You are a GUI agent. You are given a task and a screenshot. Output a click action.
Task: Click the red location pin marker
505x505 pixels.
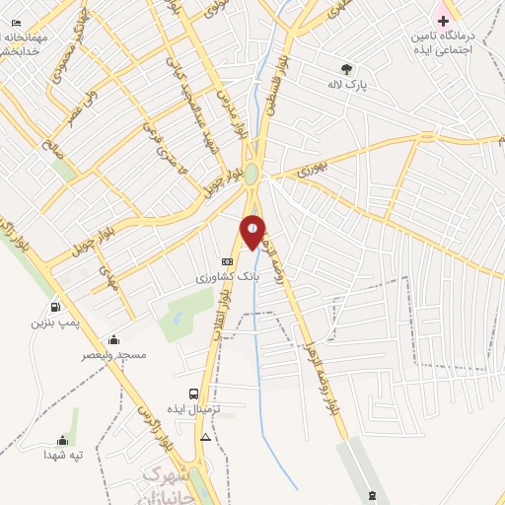point(252,231)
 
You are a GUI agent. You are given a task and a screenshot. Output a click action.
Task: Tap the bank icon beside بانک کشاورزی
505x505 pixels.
point(228,261)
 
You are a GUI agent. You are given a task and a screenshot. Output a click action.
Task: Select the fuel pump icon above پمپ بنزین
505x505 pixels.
point(55,307)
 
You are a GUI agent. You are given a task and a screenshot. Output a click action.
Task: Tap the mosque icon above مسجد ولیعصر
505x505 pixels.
point(114,339)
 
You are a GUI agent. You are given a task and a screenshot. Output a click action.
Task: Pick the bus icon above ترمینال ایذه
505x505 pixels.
point(193,394)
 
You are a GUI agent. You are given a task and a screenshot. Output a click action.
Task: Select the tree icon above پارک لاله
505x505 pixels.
point(345,69)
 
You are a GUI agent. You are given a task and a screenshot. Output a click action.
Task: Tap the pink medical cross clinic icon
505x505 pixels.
point(443,20)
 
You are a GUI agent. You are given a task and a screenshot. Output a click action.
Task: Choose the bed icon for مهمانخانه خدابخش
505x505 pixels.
point(14,22)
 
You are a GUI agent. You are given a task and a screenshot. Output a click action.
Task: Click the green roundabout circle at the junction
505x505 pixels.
point(252,175)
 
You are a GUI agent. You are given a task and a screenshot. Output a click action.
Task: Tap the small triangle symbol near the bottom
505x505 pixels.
point(205,436)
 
